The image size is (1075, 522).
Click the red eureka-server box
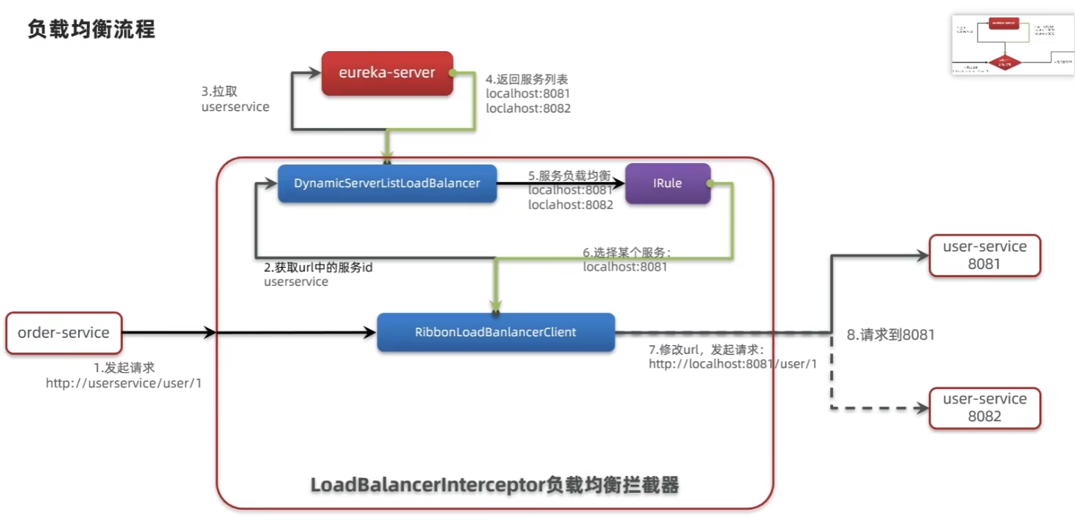[x=387, y=73]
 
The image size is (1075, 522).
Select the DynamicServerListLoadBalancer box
[x=387, y=183]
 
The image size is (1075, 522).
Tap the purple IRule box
[x=667, y=183]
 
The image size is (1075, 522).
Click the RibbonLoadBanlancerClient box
[x=495, y=332]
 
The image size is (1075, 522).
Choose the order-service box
[x=64, y=333]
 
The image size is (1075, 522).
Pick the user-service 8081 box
[x=984, y=255]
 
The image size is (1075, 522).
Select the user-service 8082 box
[x=984, y=407]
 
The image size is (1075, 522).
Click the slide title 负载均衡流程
[x=91, y=29]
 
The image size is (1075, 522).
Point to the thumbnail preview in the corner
[x=1012, y=45]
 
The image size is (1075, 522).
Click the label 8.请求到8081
[x=891, y=335]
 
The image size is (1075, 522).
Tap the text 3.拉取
[x=219, y=92]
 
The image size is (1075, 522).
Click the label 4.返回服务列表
[x=527, y=79]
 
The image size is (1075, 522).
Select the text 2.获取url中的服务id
[x=318, y=268]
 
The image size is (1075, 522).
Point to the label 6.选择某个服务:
[x=627, y=252]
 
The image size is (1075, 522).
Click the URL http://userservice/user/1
[x=124, y=383]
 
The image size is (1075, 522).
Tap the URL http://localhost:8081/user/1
[x=732, y=364]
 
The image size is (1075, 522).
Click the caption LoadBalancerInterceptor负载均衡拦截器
[x=495, y=485]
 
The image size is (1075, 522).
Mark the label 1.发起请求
[x=124, y=368]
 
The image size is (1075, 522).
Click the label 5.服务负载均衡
[x=569, y=176]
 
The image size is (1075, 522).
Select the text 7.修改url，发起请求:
[x=706, y=349]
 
